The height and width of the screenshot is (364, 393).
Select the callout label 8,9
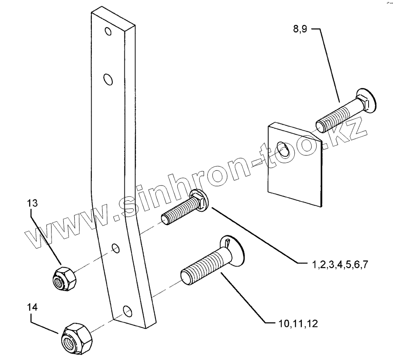pyautogui.click(x=301, y=30)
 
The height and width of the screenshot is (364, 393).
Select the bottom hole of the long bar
pyautogui.click(x=127, y=311)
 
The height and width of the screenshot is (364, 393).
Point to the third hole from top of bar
pyautogui.click(x=115, y=248)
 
